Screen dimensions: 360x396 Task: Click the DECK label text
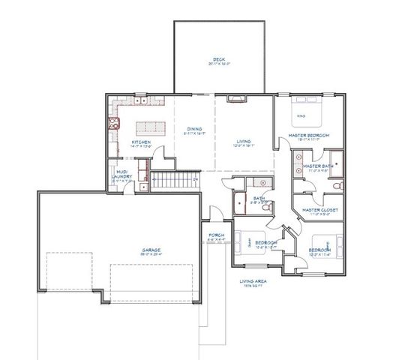218,60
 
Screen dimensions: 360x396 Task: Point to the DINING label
194,130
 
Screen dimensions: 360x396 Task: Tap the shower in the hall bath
241,201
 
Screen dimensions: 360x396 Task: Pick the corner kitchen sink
115,124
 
